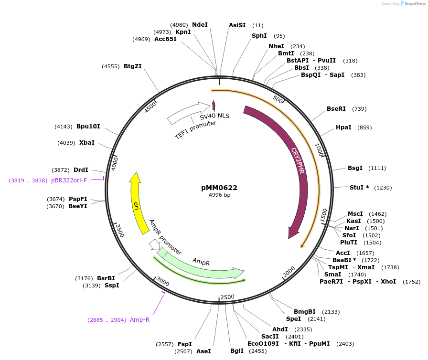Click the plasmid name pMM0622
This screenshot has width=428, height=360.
pos(219,188)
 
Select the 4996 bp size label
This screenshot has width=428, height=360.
pos(219,195)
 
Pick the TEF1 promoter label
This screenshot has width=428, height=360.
pos(195,130)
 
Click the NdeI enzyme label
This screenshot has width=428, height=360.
pos(200,25)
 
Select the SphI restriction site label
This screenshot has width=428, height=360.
pos(259,36)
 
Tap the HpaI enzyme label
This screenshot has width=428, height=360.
pos(343,127)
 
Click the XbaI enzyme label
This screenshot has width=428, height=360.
pos(87,143)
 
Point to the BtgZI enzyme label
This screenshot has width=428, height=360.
pos(133,67)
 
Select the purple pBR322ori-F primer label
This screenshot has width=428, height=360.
pos(69,180)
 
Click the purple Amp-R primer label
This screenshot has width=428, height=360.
pos(139,320)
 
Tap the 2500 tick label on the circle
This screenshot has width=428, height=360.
pos(227,297)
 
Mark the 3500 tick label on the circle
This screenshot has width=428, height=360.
pos(120,230)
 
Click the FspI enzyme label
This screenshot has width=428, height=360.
pos(185,344)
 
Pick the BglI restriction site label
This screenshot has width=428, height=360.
pos(237,351)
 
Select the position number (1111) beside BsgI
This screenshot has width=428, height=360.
pos(377,168)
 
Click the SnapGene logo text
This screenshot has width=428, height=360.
pos(413,4)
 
